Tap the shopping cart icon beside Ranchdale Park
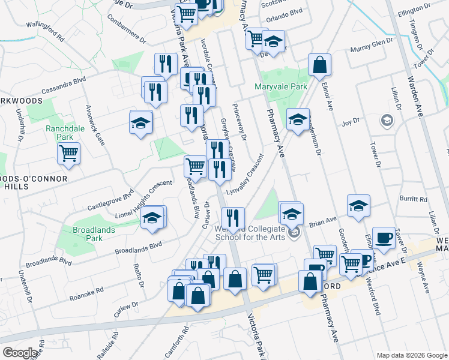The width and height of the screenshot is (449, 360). point(69,153)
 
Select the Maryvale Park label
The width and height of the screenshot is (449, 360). point(280,86)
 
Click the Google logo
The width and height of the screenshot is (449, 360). point(20,353)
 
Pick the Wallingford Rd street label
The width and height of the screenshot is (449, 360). point(46,32)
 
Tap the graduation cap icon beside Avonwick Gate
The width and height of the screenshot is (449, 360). point(141,123)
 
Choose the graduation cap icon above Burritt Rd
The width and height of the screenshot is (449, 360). point(358,206)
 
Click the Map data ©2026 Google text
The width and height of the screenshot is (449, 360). point(411,355)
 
